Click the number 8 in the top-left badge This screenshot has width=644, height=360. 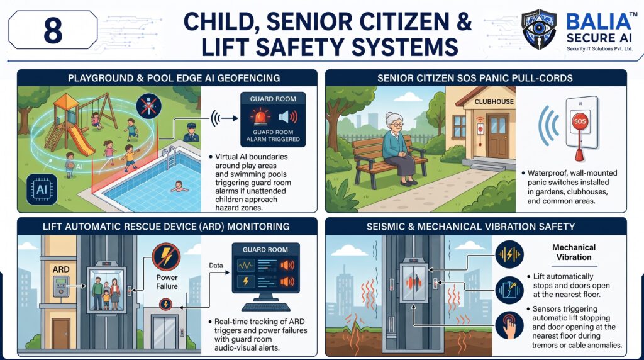point(53,30)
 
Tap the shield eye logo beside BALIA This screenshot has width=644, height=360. point(538,30)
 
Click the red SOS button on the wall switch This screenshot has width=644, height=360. point(580,121)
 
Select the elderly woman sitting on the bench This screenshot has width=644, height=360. point(397,149)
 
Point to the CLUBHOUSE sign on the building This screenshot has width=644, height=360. point(494,101)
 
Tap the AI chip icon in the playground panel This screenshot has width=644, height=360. point(42,189)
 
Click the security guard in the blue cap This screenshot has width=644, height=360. point(191,132)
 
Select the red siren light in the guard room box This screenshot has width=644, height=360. point(260,116)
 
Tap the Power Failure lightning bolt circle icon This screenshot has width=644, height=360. point(166,256)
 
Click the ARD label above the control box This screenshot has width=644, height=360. point(61,269)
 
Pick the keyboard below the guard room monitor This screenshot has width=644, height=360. point(266,307)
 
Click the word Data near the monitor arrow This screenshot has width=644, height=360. point(216,266)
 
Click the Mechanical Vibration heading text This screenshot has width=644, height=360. point(574,252)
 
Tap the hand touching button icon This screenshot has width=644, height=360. point(509,325)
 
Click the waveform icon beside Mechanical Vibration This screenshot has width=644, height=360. point(509,255)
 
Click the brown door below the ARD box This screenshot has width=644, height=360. point(61,333)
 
